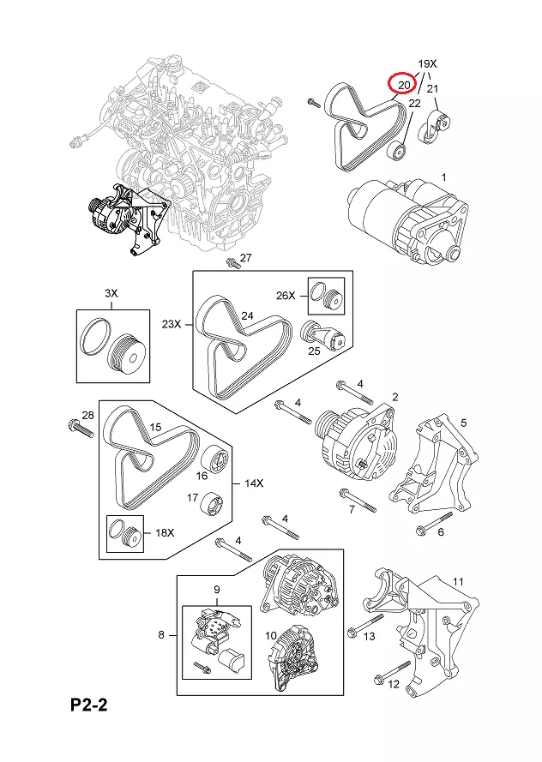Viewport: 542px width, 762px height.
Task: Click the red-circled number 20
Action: tap(404, 85)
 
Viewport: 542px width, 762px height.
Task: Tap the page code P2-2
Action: tap(88, 705)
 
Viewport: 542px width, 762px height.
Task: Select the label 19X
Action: tap(427, 63)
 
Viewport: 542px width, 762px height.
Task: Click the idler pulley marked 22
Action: tap(398, 152)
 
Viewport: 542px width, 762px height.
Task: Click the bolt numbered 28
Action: tap(81, 429)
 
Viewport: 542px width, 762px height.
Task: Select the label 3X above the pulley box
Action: tap(111, 293)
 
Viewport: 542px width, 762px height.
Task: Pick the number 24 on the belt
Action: tap(248, 316)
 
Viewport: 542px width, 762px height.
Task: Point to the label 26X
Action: tap(286, 295)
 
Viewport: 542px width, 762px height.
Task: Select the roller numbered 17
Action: tap(213, 506)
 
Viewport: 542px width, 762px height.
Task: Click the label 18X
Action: tap(165, 532)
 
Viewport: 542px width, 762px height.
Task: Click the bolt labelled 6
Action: tap(434, 523)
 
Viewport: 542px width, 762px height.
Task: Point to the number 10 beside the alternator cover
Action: tap(271, 636)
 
